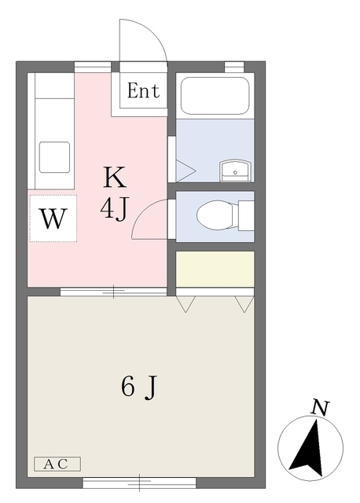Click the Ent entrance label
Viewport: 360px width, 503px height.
pos(143,90)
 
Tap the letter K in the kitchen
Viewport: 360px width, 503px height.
pos(115,177)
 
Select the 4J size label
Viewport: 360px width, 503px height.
pos(114,209)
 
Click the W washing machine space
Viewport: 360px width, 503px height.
pos(53,218)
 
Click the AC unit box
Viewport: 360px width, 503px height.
pos(57,464)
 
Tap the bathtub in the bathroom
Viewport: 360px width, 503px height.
pos(215,96)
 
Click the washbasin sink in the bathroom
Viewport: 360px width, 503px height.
pos(236,171)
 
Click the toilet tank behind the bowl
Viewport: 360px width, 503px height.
pos(246,215)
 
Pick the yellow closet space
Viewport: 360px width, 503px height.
pos(215,269)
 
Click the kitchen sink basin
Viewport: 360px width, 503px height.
pos(54,158)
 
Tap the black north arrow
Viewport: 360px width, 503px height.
pos(307,449)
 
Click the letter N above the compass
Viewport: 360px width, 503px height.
pos(320,408)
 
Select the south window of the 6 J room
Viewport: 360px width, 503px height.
pos(139,483)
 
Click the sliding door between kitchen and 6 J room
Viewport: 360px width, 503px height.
pos(114,292)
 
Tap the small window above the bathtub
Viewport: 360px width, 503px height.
pos(234,67)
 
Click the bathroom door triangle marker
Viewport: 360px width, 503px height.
pos(186,171)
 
